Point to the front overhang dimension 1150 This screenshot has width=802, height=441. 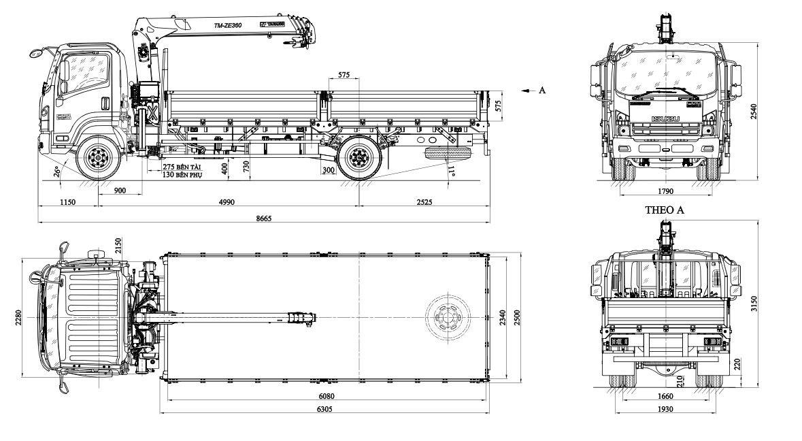tap(67, 202)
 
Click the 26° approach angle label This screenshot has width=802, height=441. tap(59, 173)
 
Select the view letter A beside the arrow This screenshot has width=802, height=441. tap(541, 90)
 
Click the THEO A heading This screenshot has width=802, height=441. tap(664, 210)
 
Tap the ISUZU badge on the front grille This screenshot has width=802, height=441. tap(666, 120)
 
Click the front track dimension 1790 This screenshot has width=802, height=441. tap(666, 191)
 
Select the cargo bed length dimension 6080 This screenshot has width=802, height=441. tap(326, 395)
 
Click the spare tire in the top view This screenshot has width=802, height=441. tap(446, 317)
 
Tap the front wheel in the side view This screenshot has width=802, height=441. tap(99, 158)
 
